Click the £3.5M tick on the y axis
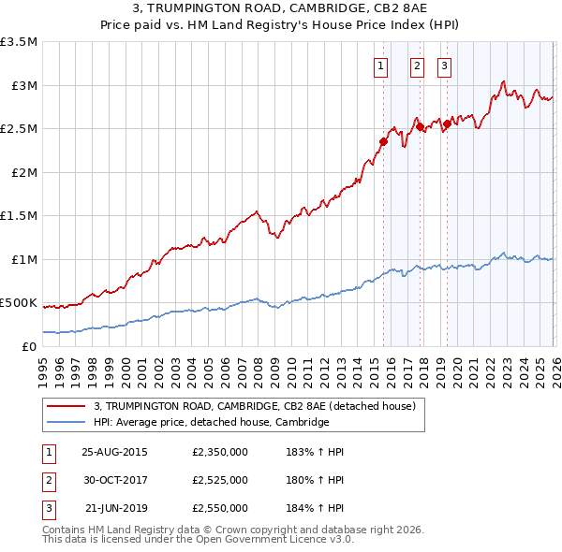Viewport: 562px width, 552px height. pos(20,42)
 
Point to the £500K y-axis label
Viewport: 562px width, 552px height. pos(19,303)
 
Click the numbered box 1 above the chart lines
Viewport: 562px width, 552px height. pos(382,65)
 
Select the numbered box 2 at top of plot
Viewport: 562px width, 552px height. pos(417,65)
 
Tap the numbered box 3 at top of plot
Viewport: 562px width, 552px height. pos(444,65)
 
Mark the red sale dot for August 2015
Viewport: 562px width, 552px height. pos(383,142)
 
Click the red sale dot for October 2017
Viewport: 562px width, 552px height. pos(420,126)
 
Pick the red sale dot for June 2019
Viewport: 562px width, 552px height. pos(447,124)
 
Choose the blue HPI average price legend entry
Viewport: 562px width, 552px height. pos(211,423)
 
